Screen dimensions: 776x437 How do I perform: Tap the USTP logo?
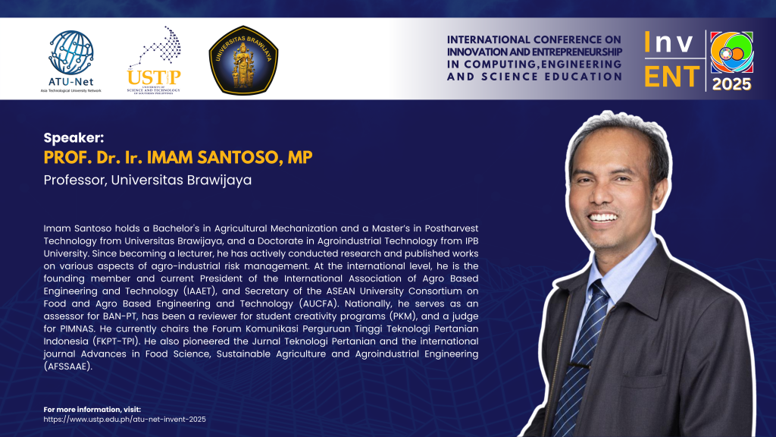[x=154, y=60]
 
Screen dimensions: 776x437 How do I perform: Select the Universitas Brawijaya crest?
[x=243, y=61]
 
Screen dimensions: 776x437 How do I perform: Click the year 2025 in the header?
[x=731, y=84]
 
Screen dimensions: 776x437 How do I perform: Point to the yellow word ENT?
[x=672, y=77]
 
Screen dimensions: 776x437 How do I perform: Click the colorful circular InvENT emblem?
[x=732, y=52]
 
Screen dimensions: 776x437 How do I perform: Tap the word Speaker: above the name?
[x=74, y=138]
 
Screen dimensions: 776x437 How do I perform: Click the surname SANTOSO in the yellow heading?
[x=239, y=158]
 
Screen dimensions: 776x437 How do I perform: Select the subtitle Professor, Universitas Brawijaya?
[x=148, y=180]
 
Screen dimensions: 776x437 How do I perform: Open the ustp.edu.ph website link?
[x=125, y=419]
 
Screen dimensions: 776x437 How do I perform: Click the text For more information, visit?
[x=92, y=409]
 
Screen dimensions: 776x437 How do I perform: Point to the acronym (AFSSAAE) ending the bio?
[x=67, y=366]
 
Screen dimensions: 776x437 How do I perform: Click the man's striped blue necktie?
[x=582, y=355]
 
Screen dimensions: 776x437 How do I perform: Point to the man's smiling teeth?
[x=602, y=217]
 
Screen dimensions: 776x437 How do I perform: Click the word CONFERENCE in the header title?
[x=549, y=39]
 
